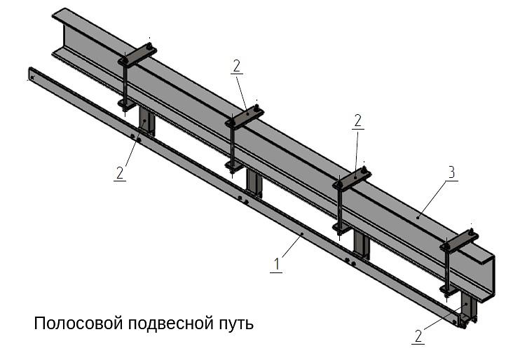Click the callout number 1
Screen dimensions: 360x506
(277, 264)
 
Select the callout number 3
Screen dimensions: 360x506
(451, 172)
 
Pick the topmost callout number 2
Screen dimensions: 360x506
(236, 66)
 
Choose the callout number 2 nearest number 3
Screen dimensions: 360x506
(357, 120)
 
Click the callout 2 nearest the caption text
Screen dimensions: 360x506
(418, 335)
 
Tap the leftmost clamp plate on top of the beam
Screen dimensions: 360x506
(138, 55)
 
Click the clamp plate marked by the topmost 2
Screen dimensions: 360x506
(245, 116)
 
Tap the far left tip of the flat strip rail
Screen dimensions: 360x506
(31, 73)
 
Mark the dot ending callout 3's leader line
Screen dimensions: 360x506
(418, 217)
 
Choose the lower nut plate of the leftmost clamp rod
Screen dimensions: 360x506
(127, 105)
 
